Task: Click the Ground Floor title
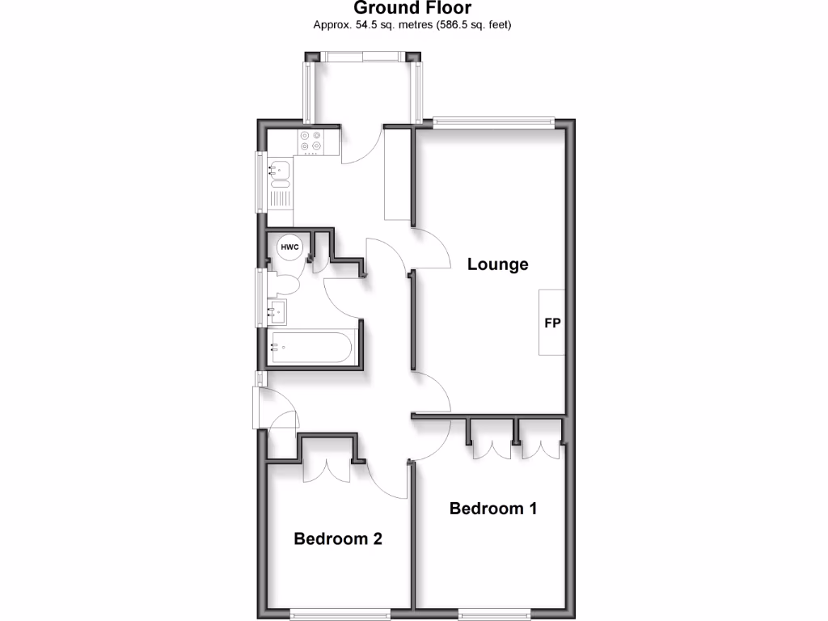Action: click(x=412, y=9)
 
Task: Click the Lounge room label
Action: click(x=497, y=264)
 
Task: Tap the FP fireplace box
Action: click(x=552, y=323)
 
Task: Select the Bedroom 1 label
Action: click(x=493, y=509)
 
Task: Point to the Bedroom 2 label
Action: click(x=337, y=539)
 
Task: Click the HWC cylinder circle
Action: click(x=289, y=247)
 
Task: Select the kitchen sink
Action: click(x=279, y=170)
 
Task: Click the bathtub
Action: click(x=310, y=349)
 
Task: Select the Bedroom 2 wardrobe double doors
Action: click(x=327, y=469)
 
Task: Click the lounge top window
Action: click(x=492, y=123)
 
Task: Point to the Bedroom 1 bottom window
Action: click(x=494, y=612)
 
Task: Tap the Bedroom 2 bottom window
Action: click(x=340, y=612)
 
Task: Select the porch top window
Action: click(x=362, y=56)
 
